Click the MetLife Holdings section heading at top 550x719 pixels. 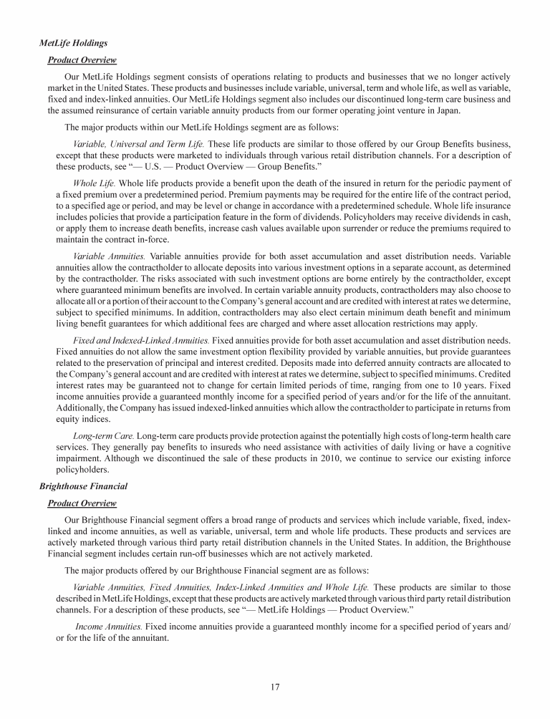74,44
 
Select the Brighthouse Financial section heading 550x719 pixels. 83,486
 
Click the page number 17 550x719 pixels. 275,687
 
